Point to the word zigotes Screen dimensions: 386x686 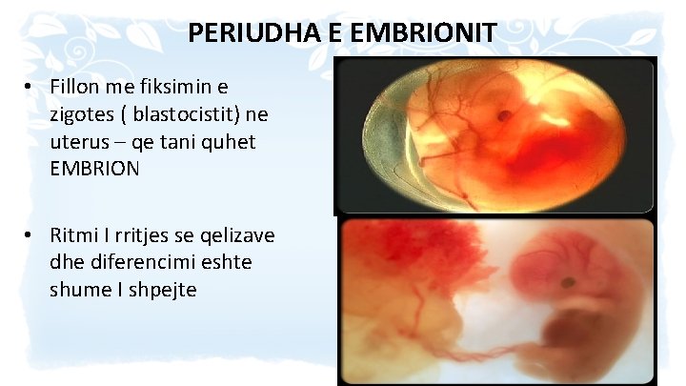coord(86,114)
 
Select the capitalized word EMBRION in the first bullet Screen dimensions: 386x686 coord(95,168)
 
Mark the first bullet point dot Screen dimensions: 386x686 coord(30,87)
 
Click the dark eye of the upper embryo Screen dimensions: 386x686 coord(507,115)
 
